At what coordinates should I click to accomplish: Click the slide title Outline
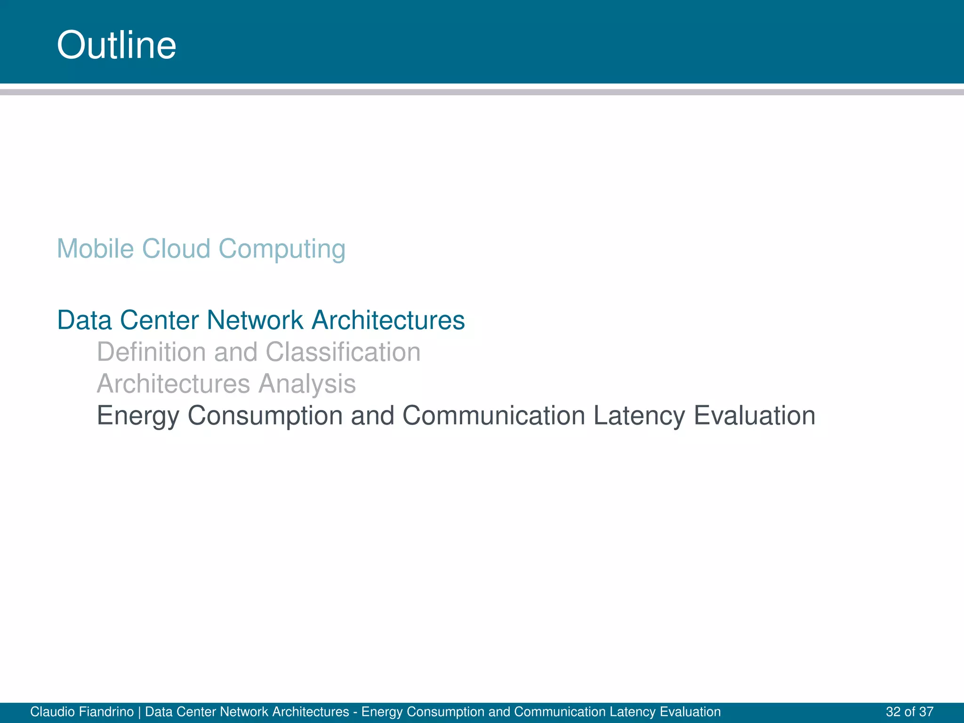[116, 45]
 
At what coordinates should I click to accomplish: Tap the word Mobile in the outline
[95, 249]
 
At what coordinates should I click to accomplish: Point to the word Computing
[282, 249]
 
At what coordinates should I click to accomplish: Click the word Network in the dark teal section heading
[255, 320]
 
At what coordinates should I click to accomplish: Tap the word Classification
[343, 352]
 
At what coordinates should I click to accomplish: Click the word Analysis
[307, 384]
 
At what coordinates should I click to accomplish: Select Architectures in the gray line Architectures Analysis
[173, 384]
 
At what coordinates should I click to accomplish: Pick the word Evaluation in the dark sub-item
[755, 416]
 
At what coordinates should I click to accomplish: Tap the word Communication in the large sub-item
[493, 416]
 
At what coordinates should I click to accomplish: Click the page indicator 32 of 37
[909, 712]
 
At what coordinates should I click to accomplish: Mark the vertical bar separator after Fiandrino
[139, 712]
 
